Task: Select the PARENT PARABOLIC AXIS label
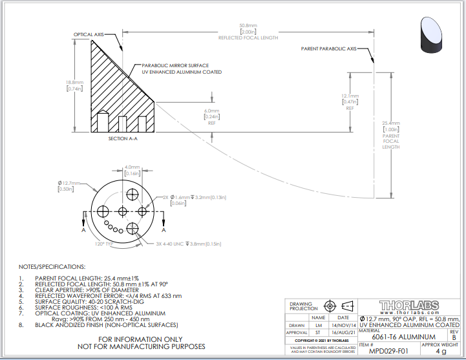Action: click(x=328, y=48)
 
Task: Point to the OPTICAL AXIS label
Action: click(x=89, y=34)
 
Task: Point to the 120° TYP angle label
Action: click(x=86, y=244)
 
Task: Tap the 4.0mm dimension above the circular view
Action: click(x=132, y=167)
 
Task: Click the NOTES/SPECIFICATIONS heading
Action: click(x=52, y=266)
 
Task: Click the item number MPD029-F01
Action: click(x=386, y=352)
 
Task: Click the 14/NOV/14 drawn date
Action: click(x=343, y=325)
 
